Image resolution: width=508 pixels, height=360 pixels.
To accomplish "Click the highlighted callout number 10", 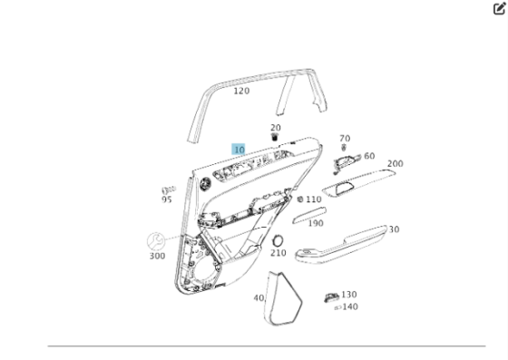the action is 239,150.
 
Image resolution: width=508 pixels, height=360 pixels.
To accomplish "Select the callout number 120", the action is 241,91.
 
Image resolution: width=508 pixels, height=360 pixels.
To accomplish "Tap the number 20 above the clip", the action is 276,128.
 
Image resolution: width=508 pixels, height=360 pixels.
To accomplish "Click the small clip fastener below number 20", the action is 275,137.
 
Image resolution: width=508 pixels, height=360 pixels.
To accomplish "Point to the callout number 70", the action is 345,138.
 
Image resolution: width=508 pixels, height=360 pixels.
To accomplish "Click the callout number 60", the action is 369,156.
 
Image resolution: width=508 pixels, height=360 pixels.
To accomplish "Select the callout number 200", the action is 396,163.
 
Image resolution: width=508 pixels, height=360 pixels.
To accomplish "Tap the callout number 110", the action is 314,199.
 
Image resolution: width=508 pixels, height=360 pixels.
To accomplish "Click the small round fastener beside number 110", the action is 300,199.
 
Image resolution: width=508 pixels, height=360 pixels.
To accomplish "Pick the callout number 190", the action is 316,223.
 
